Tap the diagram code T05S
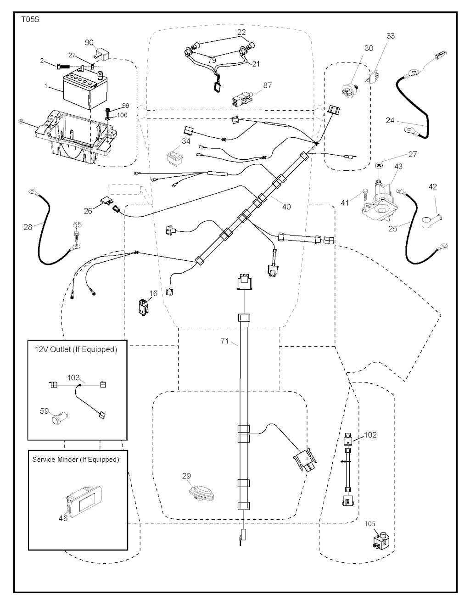coord(30,20)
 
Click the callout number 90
coord(89,43)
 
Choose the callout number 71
coord(224,341)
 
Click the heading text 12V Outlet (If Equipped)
coord(76,349)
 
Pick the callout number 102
coord(370,434)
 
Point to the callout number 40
coord(286,207)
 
